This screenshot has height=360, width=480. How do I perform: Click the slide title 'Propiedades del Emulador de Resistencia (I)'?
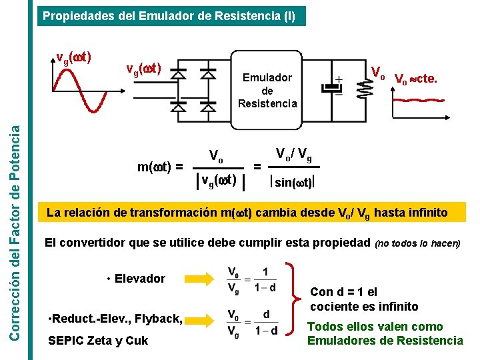169,16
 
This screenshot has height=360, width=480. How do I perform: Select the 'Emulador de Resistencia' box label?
267,91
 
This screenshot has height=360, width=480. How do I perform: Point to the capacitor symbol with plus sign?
332,89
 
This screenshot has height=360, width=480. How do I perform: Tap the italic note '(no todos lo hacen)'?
418,243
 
